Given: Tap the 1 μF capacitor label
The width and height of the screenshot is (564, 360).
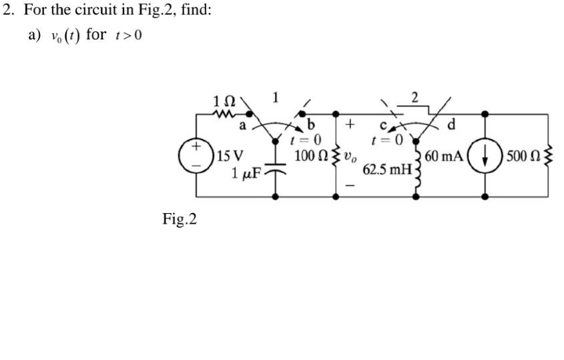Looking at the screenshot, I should pos(246,174).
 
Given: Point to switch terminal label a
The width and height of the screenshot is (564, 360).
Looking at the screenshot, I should pos(243,124).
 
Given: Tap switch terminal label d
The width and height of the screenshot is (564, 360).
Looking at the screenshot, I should pos(453,125).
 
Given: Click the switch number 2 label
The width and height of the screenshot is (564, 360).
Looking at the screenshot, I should pos(415,98).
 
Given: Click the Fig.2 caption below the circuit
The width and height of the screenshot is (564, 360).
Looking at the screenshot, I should pos(180,219).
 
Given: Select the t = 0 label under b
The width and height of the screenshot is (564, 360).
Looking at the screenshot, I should pos(307,140).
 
